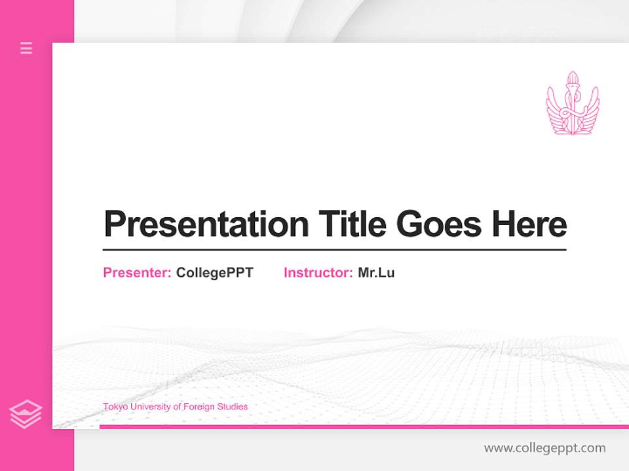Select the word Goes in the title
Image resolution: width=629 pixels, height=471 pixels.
pos(439,224)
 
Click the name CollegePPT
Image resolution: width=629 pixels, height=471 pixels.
pos(214,273)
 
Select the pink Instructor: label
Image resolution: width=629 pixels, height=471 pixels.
pos(318,273)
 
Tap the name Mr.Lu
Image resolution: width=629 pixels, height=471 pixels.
pos(376,273)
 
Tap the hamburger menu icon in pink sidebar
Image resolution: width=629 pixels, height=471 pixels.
pos(26,48)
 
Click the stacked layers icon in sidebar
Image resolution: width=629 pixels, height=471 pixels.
pos(26,414)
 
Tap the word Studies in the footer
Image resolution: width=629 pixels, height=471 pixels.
pos(233,407)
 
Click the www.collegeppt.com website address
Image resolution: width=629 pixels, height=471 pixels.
pos(544,448)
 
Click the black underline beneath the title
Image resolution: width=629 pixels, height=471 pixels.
pos(334,249)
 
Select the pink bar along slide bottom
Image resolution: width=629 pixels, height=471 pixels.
pos(364,427)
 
